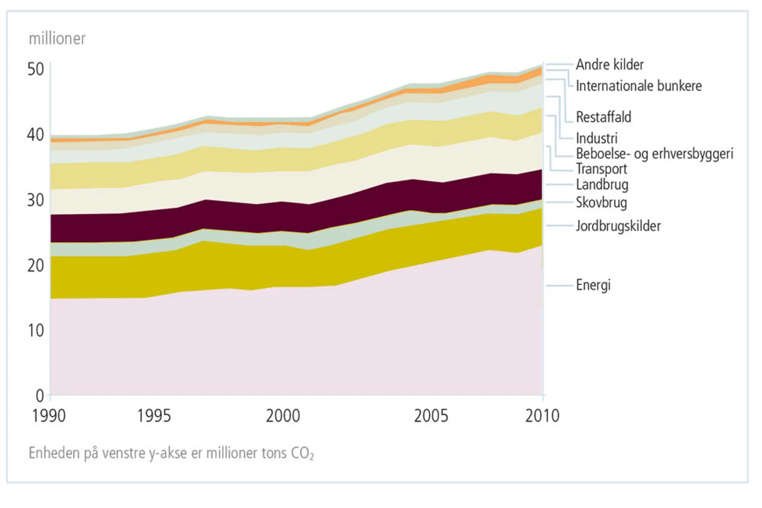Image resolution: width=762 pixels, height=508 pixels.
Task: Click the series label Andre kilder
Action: point(609,65)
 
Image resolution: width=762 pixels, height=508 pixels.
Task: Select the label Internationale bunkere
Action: point(639,86)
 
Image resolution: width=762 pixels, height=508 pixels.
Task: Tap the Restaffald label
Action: point(603,117)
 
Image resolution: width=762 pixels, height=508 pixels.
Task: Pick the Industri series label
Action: point(596,138)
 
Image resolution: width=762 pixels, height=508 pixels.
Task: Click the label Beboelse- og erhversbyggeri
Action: point(654,153)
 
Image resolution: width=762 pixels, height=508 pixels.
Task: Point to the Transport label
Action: point(601,169)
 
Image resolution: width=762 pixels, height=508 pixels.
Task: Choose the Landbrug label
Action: point(602,185)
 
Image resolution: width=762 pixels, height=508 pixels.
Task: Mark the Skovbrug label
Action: point(601,202)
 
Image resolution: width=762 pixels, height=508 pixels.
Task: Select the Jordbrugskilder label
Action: point(618,226)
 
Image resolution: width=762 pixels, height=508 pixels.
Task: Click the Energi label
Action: point(593,285)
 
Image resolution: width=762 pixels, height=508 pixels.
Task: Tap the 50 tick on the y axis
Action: point(35,70)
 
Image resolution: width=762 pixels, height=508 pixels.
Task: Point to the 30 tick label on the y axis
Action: point(35,200)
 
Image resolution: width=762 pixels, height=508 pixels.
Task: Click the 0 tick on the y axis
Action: point(40,396)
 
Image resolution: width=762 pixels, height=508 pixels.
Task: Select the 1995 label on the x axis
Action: point(154,416)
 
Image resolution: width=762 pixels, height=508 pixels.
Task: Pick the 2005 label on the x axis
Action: point(431,416)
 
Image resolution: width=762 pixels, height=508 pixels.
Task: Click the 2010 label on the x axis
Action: point(542,416)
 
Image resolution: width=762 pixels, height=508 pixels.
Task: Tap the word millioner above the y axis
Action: point(57,39)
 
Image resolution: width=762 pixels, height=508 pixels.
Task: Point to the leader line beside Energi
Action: point(559,285)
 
